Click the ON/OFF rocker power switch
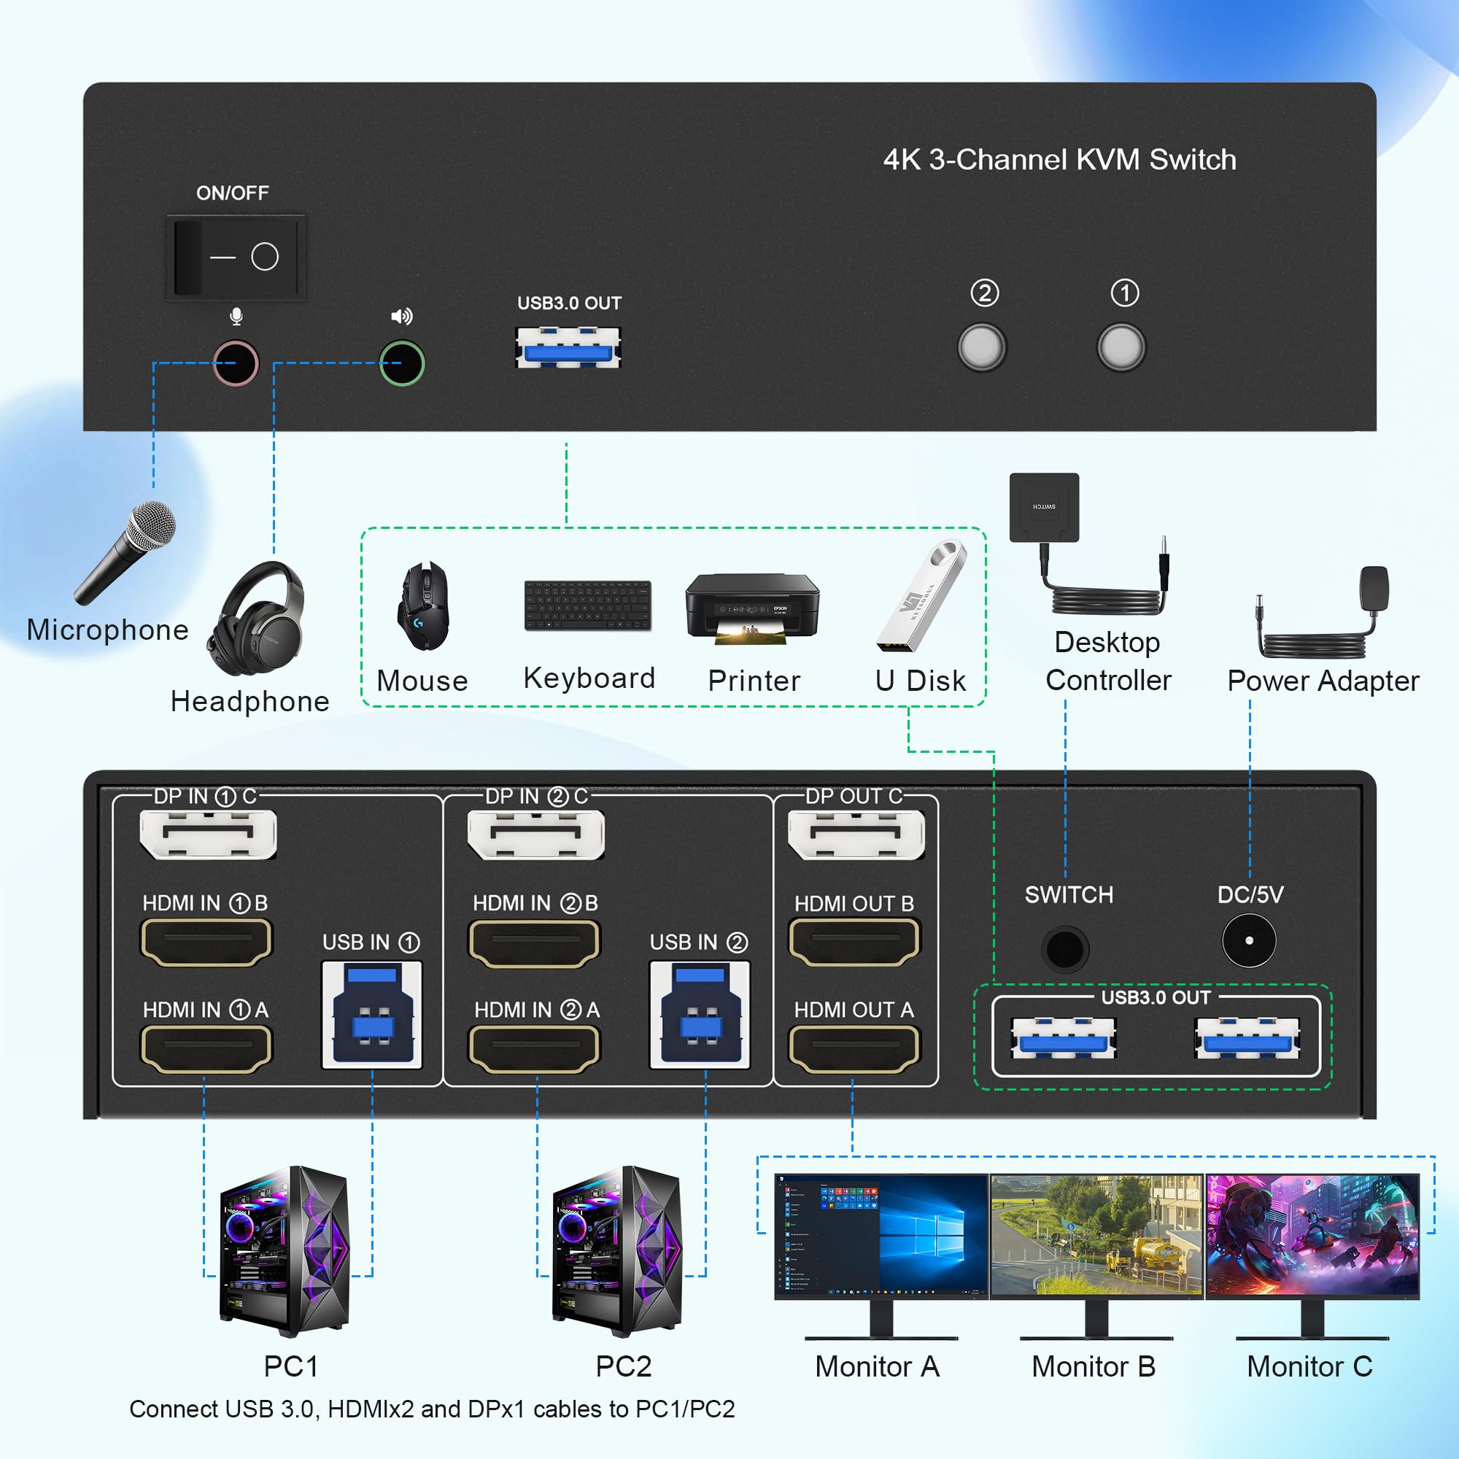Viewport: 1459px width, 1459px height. click(x=236, y=257)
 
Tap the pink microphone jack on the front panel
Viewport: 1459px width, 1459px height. click(x=236, y=363)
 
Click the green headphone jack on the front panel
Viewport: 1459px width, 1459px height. click(x=402, y=363)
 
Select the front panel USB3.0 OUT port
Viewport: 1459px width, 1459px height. click(x=568, y=348)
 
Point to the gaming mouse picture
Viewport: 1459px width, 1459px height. click(x=424, y=605)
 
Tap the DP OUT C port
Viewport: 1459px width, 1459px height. click(x=856, y=835)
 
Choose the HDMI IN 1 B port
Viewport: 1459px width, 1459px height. click(x=206, y=942)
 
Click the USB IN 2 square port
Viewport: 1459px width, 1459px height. click(x=700, y=1014)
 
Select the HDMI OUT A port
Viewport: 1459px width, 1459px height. click(x=854, y=1048)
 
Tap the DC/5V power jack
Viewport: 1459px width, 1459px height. click(x=1249, y=941)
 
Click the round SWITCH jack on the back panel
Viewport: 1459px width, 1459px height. click(x=1065, y=948)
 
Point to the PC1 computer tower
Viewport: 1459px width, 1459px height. click(x=285, y=1250)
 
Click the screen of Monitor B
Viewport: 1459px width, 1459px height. click(x=1096, y=1236)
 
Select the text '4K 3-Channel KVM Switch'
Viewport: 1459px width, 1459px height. click(x=1059, y=160)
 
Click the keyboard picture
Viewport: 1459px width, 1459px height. click(x=587, y=605)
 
